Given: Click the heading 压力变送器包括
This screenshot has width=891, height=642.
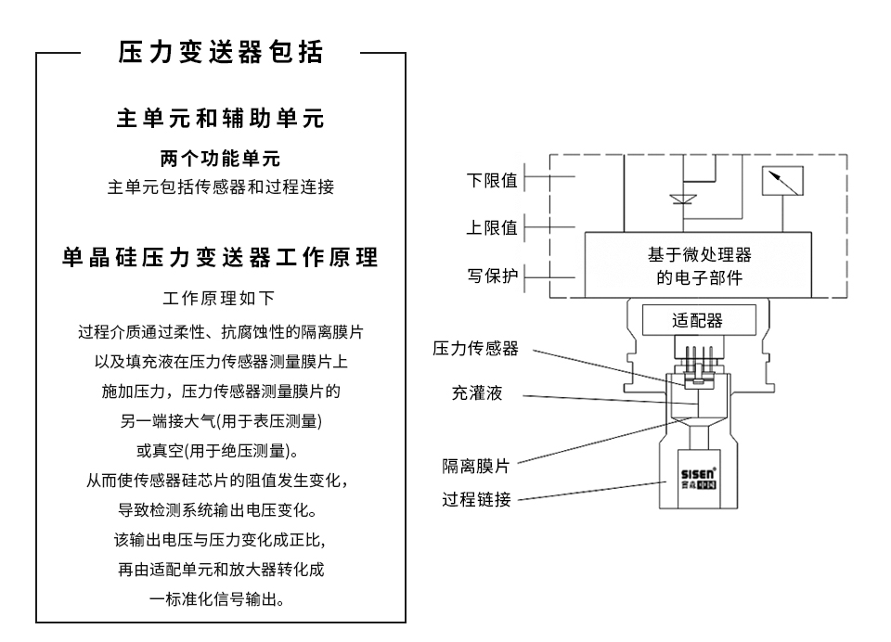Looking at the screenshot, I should point(220,53).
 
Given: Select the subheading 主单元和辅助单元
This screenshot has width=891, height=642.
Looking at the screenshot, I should point(220,120).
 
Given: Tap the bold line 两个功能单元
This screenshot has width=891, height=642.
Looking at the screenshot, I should point(220,159).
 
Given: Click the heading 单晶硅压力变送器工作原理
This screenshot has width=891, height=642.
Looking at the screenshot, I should point(220,258).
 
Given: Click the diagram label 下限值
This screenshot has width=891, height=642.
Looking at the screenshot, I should point(491,181).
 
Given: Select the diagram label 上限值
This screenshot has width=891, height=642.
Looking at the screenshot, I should point(491,228).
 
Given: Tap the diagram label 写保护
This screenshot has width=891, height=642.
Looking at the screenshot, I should point(491,276).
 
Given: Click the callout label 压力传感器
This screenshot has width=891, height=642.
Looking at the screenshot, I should point(475,349).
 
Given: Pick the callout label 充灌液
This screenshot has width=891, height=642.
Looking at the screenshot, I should point(476,394).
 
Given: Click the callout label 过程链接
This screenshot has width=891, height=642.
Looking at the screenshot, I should point(475,500).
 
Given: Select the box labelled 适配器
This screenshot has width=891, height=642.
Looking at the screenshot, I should point(696,321).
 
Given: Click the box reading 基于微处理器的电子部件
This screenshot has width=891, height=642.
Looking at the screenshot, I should point(698,265).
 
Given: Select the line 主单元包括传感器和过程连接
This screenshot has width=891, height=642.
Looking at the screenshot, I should point(220,188).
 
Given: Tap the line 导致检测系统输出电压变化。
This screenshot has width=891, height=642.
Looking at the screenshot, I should point(220,510).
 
